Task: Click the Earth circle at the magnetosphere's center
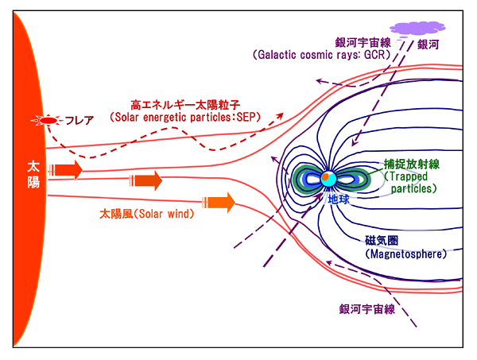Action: click(326, 179)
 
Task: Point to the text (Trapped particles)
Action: click(410, 182)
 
